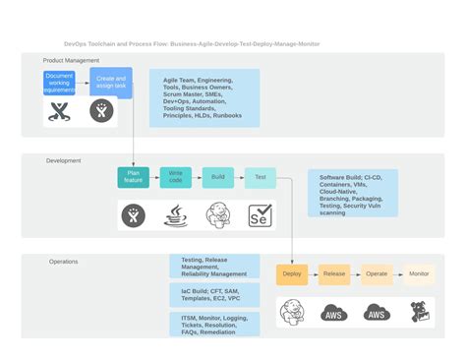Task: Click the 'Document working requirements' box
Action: point(59,82)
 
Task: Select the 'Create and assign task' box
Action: point(112,82)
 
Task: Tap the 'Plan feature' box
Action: point(133,177)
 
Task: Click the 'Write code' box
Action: point(176,177)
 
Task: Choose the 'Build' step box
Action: point(218,177)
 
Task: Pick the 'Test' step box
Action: point(261,177)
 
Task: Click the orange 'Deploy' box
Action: point(292,274)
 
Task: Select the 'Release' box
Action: point(334,274)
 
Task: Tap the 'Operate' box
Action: point(377,274)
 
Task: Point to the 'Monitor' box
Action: point(419,274)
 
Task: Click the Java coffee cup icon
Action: point(176,215)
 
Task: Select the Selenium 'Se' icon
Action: point(260,215)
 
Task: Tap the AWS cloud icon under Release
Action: point(334,313)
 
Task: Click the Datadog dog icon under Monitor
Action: point(419,313)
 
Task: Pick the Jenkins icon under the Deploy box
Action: point(292,313)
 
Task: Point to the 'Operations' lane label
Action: point(64,262)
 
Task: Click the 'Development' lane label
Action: point(64,160)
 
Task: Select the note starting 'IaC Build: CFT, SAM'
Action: point(214,294)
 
